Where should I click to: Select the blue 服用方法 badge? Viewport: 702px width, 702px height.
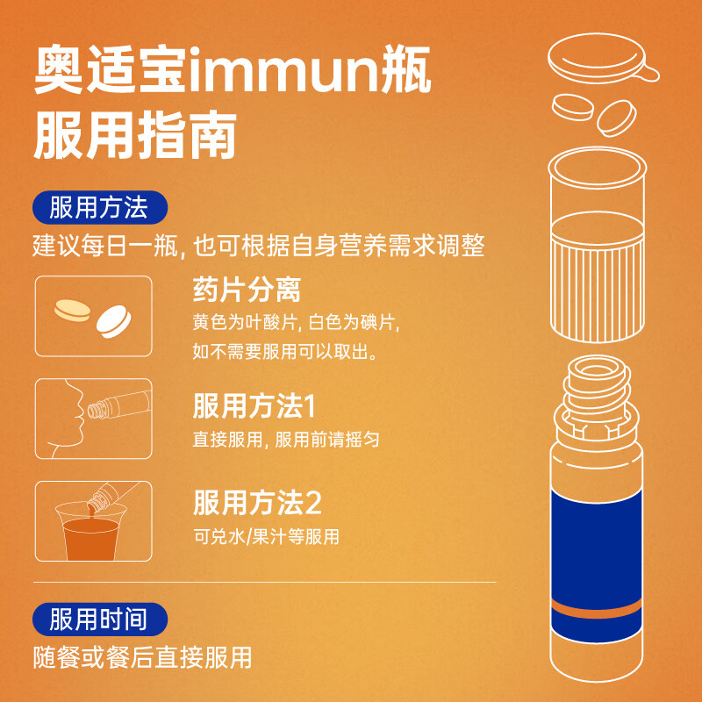tap(97, 209)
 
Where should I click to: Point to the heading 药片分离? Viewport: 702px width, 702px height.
tap(247, 290)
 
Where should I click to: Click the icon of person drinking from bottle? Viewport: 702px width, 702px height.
tap(93, 419)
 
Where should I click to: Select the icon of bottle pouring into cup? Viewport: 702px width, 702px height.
tap(93, 520)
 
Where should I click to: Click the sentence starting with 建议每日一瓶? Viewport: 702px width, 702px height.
tap(259, 246)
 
